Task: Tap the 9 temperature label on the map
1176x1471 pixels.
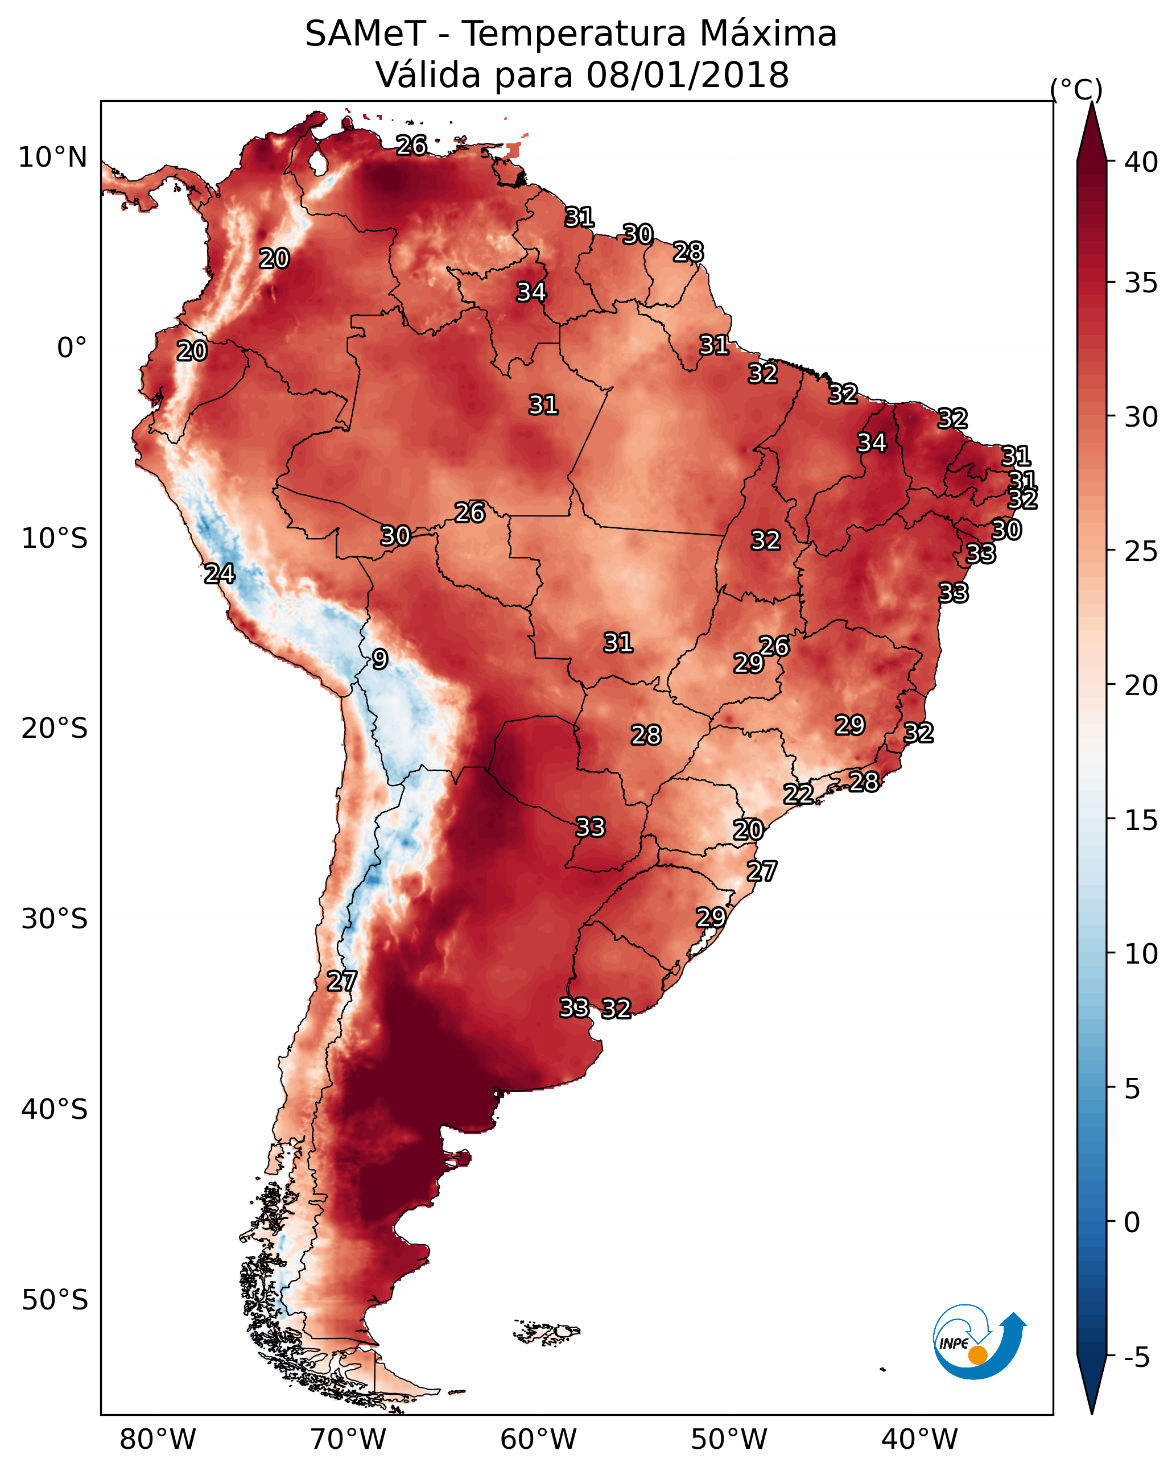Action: [380, 659]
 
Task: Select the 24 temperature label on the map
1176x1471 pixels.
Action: [220, 574]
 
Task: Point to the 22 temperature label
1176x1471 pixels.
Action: [798, 794]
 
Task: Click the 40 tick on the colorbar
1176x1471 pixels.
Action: [1141, 162]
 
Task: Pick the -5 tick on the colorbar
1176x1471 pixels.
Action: [1136, 1358]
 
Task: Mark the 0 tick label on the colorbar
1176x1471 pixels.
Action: [1132, 1222]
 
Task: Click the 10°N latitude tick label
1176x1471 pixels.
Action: [52, 158]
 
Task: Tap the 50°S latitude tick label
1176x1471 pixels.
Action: [55, 1300]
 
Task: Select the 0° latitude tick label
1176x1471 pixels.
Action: [72, 348]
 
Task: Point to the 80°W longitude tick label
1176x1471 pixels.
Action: [158, 1439]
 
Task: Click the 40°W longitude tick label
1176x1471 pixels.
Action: [919, 1439]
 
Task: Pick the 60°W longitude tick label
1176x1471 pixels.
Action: [539, 1439]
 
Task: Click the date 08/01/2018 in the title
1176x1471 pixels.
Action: [687, 75]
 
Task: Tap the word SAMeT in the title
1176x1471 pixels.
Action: [365, 34]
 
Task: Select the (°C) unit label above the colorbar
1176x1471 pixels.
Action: [1076, 89]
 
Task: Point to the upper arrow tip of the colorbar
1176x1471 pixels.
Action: [1091, 106]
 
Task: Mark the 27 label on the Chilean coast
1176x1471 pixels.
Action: [341, 981]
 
